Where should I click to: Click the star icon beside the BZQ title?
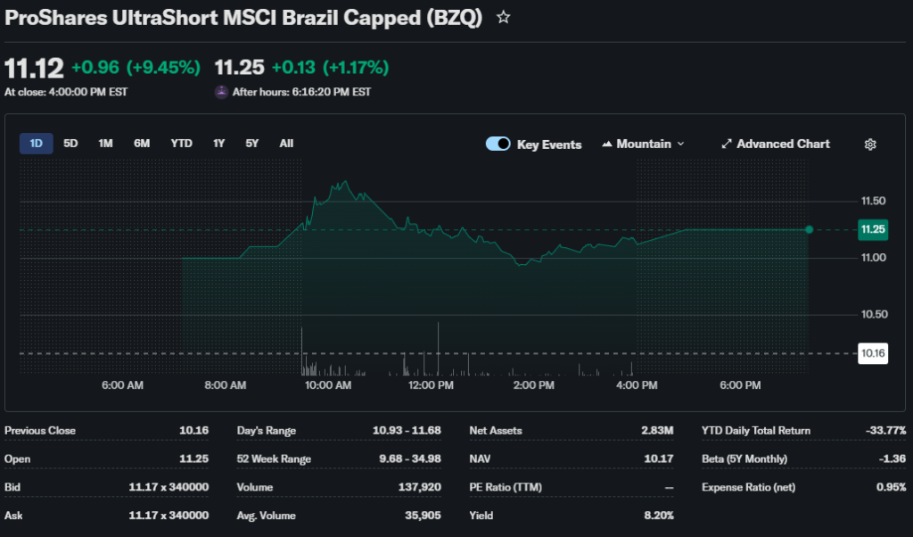point(504,17)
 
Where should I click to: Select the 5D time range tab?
point(70,144)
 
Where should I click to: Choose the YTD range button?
point(181,144)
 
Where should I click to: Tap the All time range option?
point(286,144)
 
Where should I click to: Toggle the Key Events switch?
point(498,145)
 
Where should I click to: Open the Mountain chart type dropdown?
point(644,145)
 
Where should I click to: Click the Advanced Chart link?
point(776,145)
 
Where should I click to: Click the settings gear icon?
point(871,145)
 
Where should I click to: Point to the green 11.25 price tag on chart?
point(873,229)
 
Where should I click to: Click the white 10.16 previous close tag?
point(873,354)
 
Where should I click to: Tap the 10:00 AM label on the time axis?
point(328,385)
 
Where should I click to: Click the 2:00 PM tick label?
point(534,385)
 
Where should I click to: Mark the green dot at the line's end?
point(809,229)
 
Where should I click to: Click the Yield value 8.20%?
point(657,516)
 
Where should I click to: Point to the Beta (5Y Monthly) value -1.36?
point(891,459)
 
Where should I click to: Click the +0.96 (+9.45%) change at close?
point(136,68)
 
